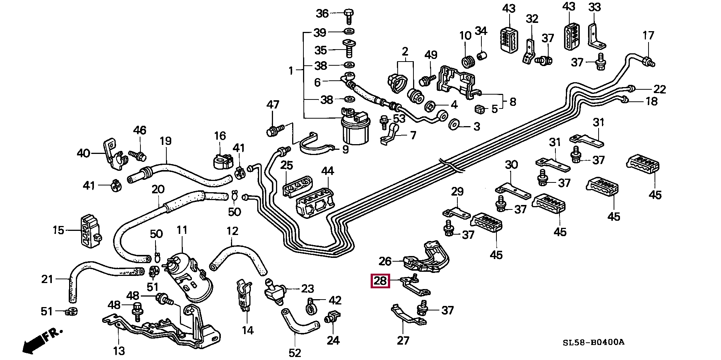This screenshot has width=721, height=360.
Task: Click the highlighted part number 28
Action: point(380,281)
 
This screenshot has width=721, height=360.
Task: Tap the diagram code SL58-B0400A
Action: point(593,342)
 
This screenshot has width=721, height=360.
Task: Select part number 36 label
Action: point(322,14)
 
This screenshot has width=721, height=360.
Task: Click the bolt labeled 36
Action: point(348,16)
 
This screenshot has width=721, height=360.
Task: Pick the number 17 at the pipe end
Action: point(648,36)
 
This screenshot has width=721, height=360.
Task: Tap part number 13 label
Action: point(119,351)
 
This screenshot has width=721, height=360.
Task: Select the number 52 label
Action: point(295,353)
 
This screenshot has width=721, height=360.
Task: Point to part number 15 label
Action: point(58,230)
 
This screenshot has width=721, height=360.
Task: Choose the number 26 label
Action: point(385,261)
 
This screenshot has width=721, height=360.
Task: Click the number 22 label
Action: point(659,89)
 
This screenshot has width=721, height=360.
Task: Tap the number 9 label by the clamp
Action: point(345,149)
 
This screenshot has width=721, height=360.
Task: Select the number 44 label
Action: point(327,171)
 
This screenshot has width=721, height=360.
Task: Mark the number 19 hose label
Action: point(165,141)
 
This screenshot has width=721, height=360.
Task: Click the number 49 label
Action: point(431,55)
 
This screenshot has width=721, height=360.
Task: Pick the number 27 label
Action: point(403,340)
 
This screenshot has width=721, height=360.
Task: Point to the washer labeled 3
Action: point(454,124)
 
